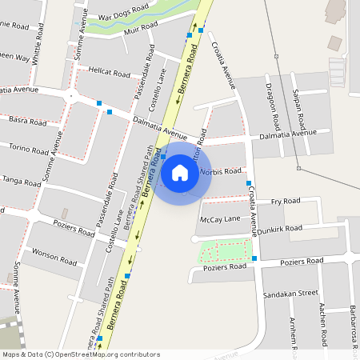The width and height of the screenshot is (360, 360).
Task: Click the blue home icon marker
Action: pyautogui.click(x=180, y=172)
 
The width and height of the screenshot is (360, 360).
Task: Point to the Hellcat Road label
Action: pyautogui.click(x=109, y=72)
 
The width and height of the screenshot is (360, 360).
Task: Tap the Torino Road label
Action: pyautogui.click(x=28, y=150)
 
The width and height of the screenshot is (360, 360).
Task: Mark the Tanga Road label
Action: pyautogui.click(x=21, y=181)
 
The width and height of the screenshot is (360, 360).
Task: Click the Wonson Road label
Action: pyautogui.click(x=53, y=255)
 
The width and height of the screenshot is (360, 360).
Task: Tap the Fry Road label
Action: pyautogui.click(x=285, y=201)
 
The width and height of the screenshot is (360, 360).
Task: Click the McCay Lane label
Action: pyautogui.click(x=220, y=219)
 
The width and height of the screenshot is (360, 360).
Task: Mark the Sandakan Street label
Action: pyautogui.click(x=291, y=294)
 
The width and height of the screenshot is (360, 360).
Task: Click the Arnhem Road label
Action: pyautogui.click(x=294, y=330)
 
